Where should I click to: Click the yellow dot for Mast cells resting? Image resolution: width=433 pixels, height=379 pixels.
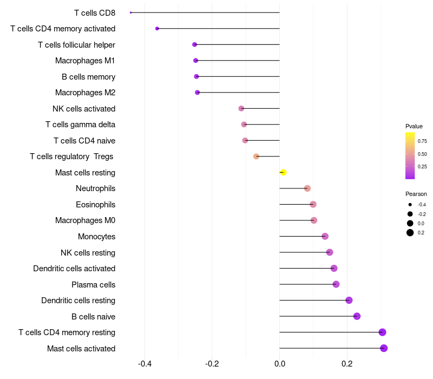[283, 173]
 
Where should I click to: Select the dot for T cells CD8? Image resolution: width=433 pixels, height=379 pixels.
[131, 12]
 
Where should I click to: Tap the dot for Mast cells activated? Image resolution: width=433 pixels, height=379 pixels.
[384, 348]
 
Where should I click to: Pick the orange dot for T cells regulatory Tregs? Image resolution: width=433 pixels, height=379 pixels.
[257, 156]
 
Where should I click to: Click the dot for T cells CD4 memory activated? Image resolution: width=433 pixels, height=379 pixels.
[157, 28]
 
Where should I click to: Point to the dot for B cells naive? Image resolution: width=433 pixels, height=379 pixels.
[357, 316]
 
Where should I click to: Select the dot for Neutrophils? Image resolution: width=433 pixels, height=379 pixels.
[307, 188]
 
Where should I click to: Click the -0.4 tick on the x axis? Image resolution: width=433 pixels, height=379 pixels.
[145, 363]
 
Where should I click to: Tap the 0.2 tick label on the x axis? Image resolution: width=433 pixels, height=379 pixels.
[347, 363]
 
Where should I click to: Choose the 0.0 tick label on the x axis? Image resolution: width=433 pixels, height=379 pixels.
[279, 363]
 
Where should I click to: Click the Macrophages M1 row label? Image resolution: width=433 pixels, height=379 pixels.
[85, 61]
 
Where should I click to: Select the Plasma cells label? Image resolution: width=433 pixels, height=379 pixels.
[93, 285]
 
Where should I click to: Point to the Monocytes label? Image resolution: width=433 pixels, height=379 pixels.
[96, 237]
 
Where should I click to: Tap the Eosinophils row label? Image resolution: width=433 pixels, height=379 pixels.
[95, 205]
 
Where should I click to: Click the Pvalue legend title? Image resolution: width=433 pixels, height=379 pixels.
[414, 126]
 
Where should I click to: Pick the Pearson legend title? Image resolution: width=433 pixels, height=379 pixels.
[416, 194]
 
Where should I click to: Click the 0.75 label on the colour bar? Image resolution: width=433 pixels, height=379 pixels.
[422, 141]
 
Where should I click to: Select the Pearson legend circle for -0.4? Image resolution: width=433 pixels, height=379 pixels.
[410, 205]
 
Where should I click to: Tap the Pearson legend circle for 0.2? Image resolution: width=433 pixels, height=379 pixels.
[410, 233]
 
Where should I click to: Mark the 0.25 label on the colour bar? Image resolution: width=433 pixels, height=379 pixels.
[422, 167]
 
